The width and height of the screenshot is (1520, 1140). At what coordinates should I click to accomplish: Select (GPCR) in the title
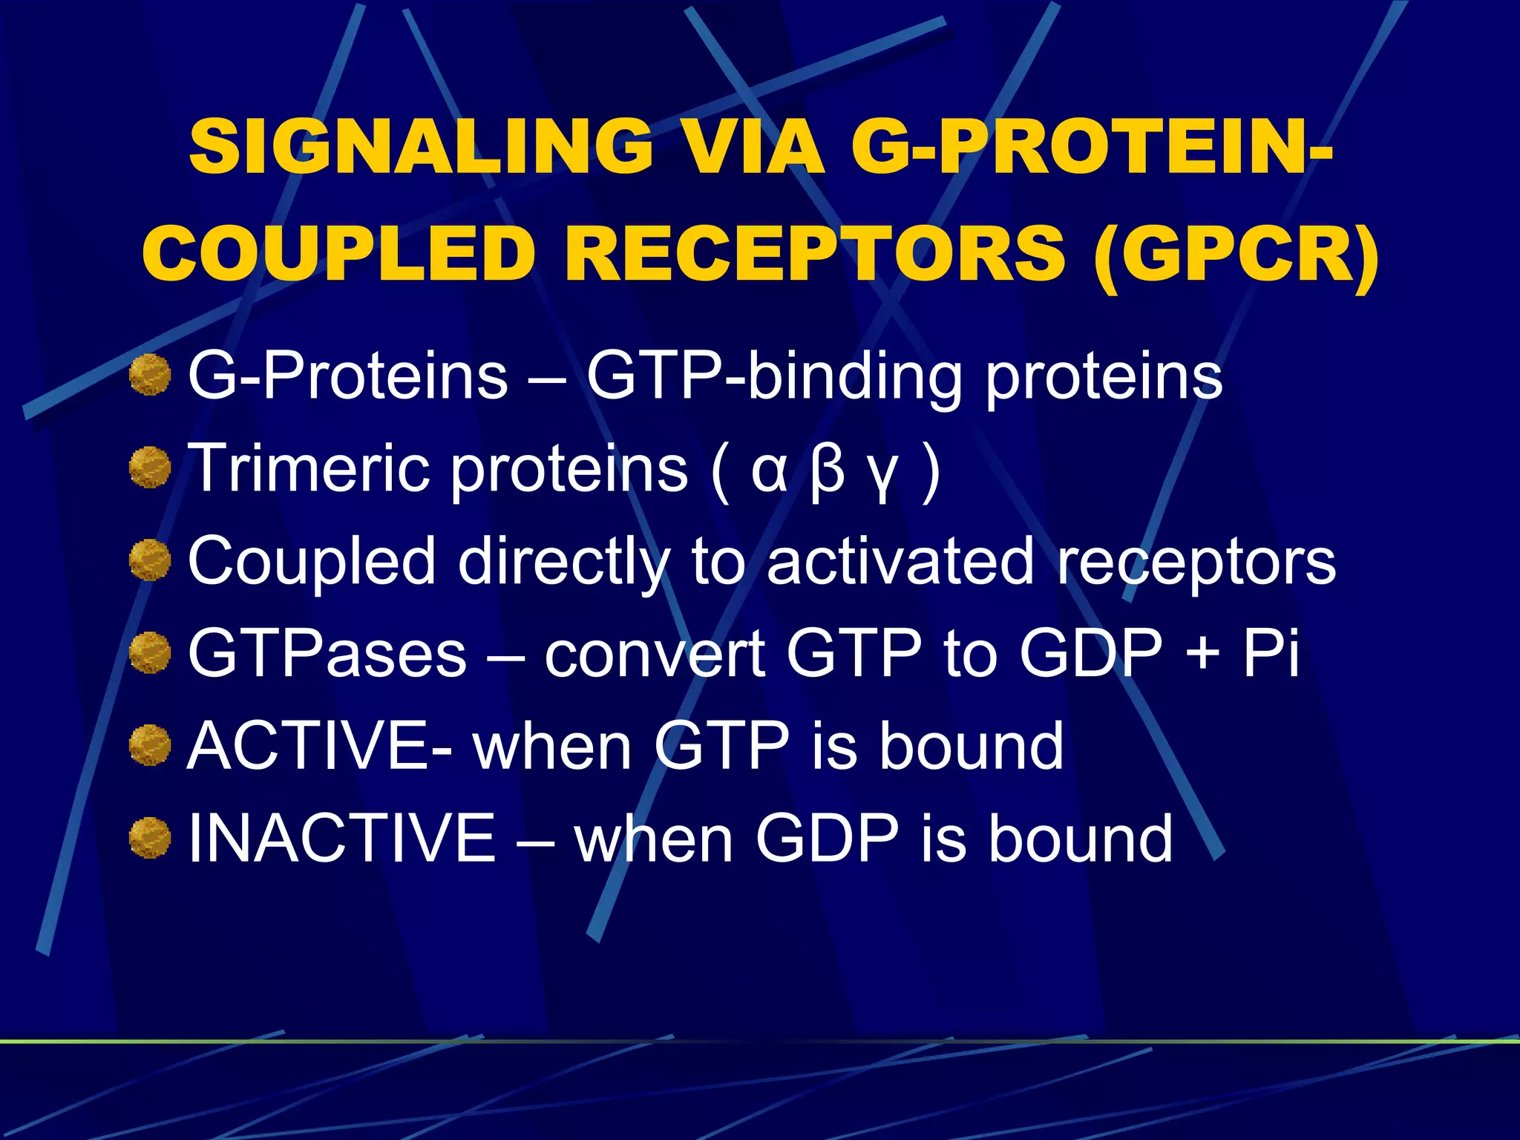pos(1236,255)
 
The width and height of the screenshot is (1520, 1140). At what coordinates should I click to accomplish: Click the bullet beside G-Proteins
pos(150,375)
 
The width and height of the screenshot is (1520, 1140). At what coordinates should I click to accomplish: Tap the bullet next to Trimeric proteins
pos(150,468)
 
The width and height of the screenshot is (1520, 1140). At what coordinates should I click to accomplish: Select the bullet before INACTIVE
pos(150,838)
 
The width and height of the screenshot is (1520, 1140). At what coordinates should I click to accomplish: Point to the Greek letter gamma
pos(882,475)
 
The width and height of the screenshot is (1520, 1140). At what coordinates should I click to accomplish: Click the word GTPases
pos(327,653)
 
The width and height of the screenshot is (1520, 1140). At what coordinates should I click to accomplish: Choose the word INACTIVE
pos(342,838)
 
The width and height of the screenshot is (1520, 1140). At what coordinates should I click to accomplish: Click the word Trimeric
pos(309,468)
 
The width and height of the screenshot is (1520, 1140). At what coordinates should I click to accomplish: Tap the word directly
pos(563,563)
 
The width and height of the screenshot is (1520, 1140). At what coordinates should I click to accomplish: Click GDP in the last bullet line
pos(828,838)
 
